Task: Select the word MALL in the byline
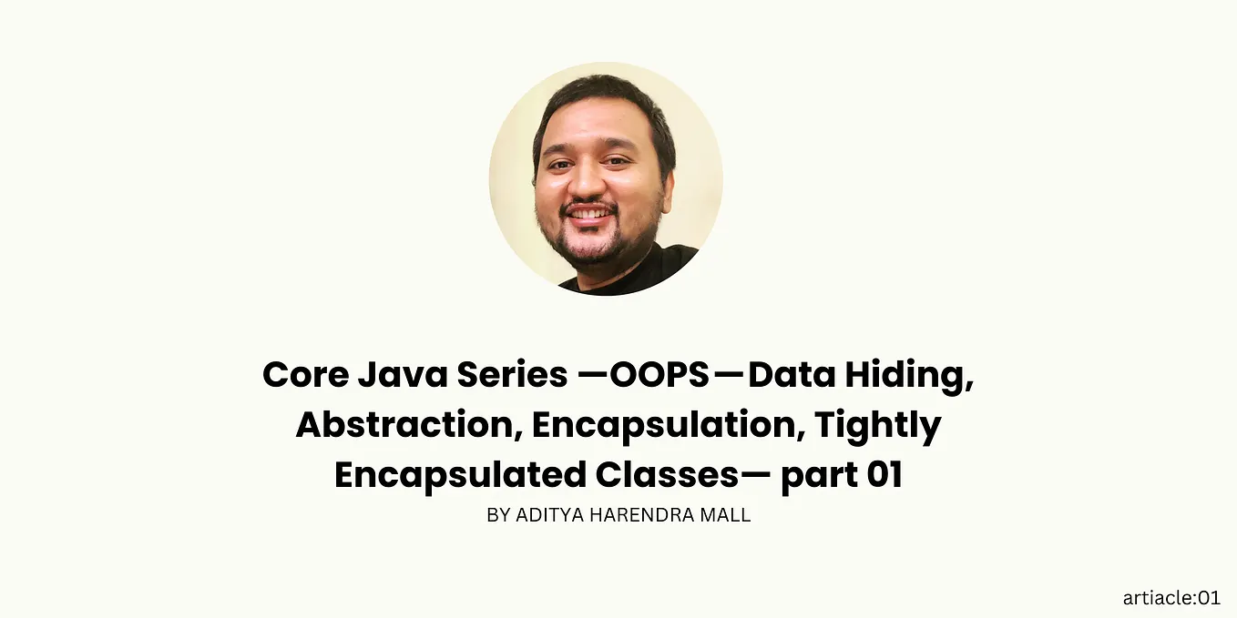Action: coord(723,515)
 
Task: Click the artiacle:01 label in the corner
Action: coord(1171,598)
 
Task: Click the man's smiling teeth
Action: coord(589,214)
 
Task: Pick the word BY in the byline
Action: coord(498,515)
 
